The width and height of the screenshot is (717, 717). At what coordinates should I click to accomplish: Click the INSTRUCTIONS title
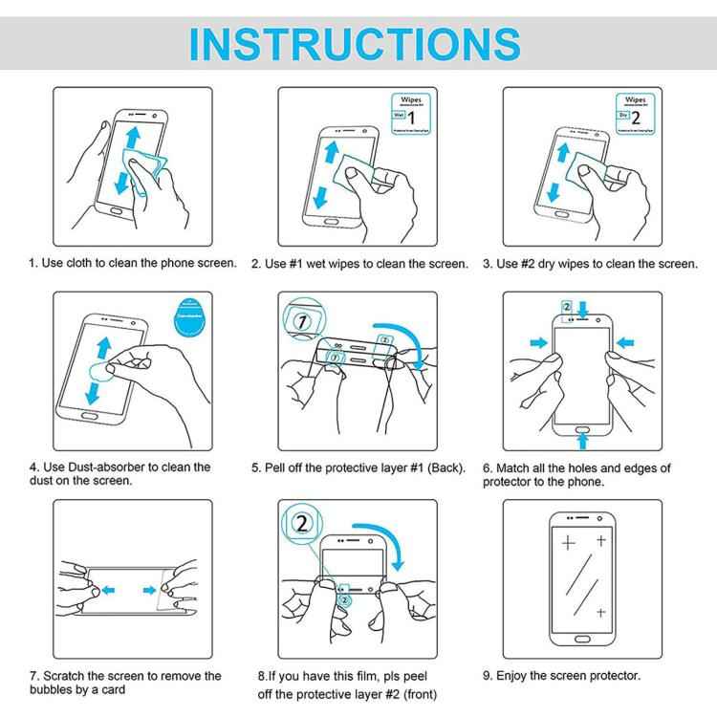[x=358, y=43]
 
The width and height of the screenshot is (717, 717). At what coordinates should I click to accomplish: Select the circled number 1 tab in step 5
[x=303, y=322]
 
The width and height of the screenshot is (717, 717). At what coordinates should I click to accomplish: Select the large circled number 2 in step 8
[x=303, y=524]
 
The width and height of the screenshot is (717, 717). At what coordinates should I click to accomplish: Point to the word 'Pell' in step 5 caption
[x=280, y=468]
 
